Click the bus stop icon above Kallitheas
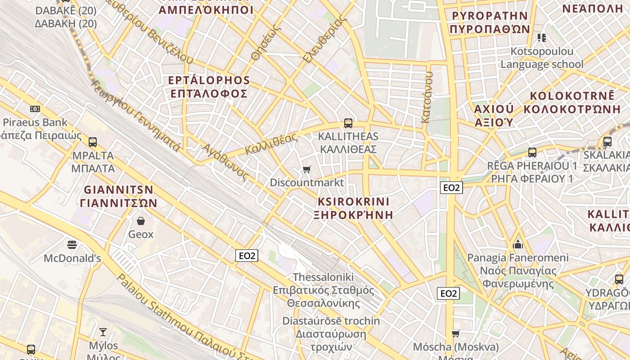point(348,123)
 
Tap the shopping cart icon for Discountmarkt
point(307,169)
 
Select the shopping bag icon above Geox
point(141,220)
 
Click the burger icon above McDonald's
point(72,244)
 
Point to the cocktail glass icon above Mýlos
point(103,332)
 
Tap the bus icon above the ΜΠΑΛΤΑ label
point(93,142)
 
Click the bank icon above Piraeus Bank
point(35,108)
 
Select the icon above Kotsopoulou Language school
point(542,37)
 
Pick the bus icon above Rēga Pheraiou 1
point(532,152)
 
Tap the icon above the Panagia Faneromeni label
point(518,244)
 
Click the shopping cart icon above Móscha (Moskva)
point(456,333)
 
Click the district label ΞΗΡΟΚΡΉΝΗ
point(353,215)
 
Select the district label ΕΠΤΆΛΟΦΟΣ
point(208,94)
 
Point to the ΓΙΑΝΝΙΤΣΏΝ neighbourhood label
point(119,203)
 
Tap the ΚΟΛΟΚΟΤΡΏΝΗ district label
point(572,109)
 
